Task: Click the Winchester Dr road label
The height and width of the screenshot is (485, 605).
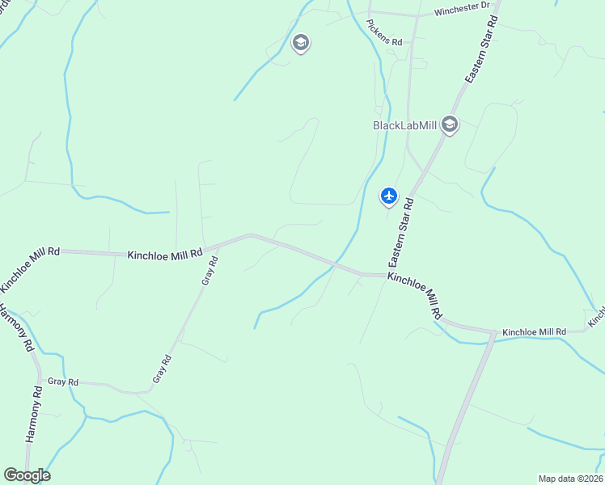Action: tap(462, 11)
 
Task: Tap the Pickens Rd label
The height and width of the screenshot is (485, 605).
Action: tap(384, 40)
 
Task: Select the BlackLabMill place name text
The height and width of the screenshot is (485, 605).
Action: tap(404, 125)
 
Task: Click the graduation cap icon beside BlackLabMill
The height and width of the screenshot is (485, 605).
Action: tap(450, 124)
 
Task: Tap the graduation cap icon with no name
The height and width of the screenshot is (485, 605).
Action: tap(301, 42)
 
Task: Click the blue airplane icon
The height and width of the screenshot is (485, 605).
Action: tap(389, 196)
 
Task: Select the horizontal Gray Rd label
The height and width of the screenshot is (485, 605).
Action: tap(62, 382)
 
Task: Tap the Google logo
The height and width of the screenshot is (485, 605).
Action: tap(27, 474)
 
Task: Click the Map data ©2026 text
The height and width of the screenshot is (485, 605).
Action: tap(570, 478)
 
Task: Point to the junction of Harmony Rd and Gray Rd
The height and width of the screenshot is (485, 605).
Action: tap(39, 380)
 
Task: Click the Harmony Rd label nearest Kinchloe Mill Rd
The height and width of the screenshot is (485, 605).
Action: tap(17, 327)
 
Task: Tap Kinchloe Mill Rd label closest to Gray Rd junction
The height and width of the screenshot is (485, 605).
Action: tap(165, 254)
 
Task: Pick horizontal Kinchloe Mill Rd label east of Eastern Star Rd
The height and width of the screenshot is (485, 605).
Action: tap(534, 332)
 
